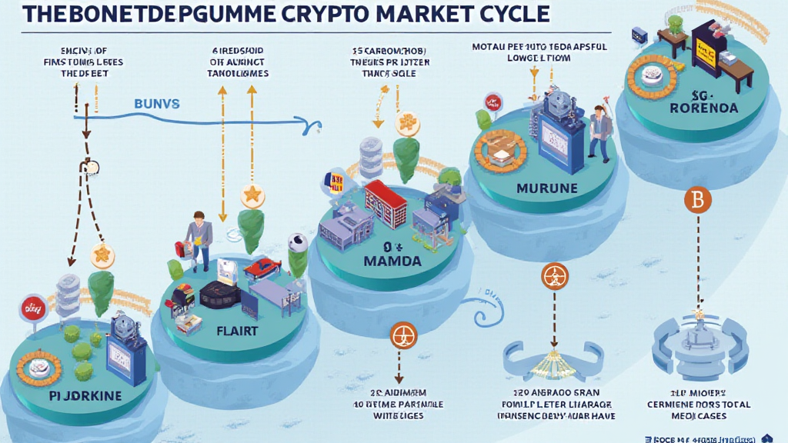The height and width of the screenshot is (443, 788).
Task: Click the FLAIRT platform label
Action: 238,331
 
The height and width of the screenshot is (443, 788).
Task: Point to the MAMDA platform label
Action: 392,261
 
